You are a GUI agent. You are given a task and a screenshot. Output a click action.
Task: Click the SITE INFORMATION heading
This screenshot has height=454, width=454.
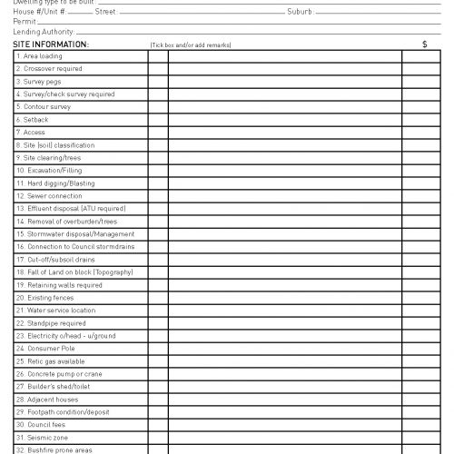pos(51,44)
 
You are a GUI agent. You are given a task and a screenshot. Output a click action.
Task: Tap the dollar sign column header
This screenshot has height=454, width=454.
pos(424,44)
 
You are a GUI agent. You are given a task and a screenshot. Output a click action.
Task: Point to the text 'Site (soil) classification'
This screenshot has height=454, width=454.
pos(55,145)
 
